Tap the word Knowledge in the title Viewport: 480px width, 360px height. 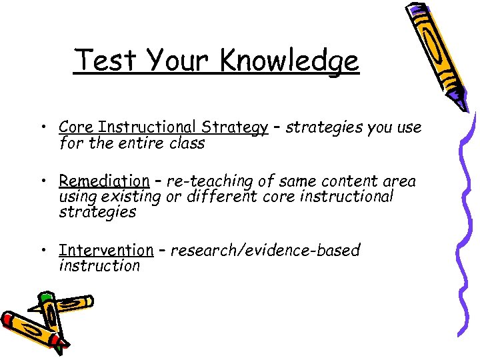(289, 61)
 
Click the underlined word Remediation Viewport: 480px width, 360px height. (104, 181)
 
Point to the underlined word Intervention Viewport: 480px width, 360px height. (106, 250)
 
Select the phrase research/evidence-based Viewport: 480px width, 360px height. (265, 250)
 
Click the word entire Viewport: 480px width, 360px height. (146, 143)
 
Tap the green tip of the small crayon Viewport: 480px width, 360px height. (45, 296)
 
